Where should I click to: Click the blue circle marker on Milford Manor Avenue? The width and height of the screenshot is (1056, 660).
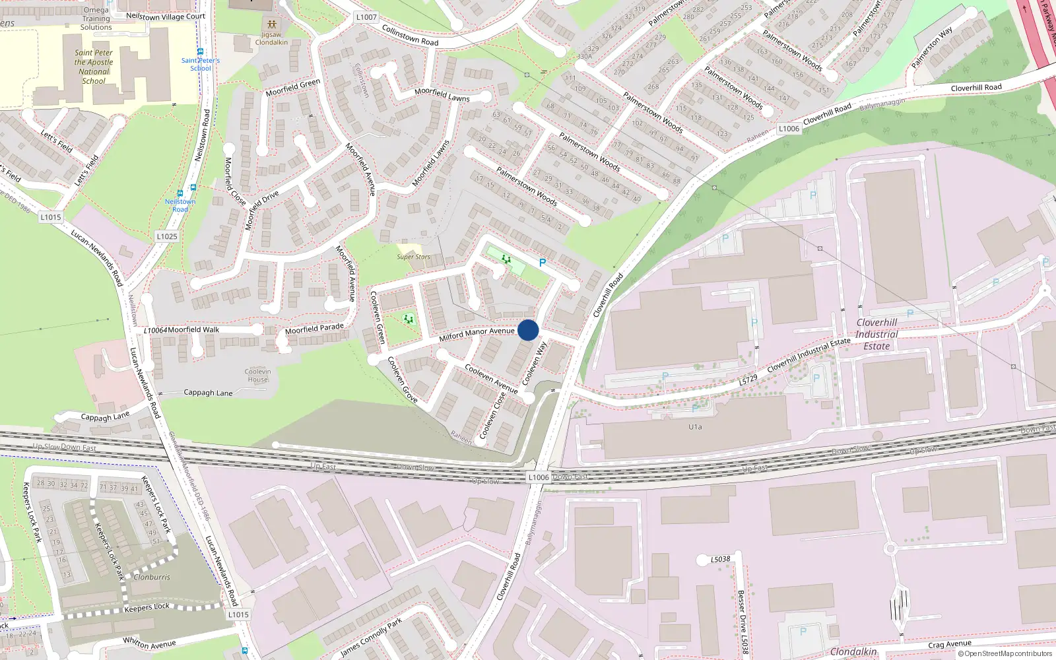pyautogui.click(x=528, y=330)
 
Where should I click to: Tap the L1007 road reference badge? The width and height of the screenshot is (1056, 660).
pyautogui.click(x=366, y=17)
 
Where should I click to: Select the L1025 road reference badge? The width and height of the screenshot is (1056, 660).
pyautogui.click(x=167, y=236)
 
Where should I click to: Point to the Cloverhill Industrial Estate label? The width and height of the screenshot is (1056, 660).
pyautogui.click(x=876, y=335)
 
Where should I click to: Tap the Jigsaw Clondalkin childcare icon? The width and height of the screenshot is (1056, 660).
pyautogui.click(x=271, y=24)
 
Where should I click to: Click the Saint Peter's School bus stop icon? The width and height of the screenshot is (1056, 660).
pyautogui.click(x=200, y=51)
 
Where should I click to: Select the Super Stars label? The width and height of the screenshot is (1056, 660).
pyautogui.click(x=413, y=257)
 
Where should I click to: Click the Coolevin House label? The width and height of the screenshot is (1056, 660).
pyautogui.click(x=257, y=376)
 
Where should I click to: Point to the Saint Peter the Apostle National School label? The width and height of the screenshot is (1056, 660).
pyautogui.click(x=94, y=67)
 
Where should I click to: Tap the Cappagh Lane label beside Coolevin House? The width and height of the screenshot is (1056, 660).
pyautogui.click(x=208, y=393)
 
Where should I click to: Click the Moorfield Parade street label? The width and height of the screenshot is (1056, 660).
pyautogui.click(x=314, y=329)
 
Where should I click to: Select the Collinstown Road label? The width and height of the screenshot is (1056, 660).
pyautogui.click(x=410, y=35)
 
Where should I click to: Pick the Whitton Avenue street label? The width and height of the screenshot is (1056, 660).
pyautogui.click(x=149, y=643)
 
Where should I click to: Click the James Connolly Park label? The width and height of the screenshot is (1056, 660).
pyautogui.click(x=371, y=638)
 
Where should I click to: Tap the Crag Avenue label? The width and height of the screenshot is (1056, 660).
pyautogui.click(x=949, y=644)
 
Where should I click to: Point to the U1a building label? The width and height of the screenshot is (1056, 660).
pyautogui.click(x=695, y=427)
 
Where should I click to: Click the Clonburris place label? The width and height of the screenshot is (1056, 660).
pyautogui.click(x=152, y=577)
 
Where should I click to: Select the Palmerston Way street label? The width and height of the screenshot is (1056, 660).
pyautogui.click(x=932, y=48)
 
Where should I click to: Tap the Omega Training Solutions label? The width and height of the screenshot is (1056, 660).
pyautogui.click(x=96, y=18)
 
